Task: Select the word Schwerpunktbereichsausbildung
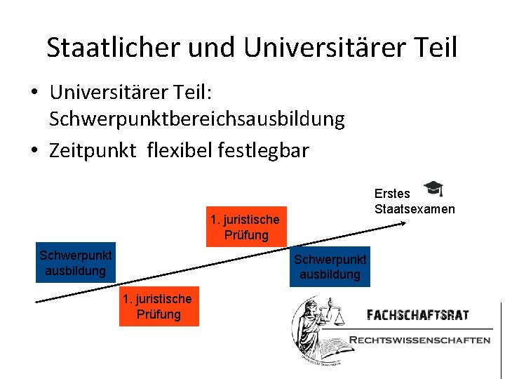(x=196, y=119)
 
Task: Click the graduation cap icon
(x=434, y=189)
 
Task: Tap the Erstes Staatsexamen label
(x=414, y=201)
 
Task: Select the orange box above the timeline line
(x=246, y=227)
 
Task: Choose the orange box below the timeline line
(x=159, y=307)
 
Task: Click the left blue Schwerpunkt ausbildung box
(x=76, y=262)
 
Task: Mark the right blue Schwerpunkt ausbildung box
(x=330, y=267)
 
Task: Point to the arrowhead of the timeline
(x=404, y=223)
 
